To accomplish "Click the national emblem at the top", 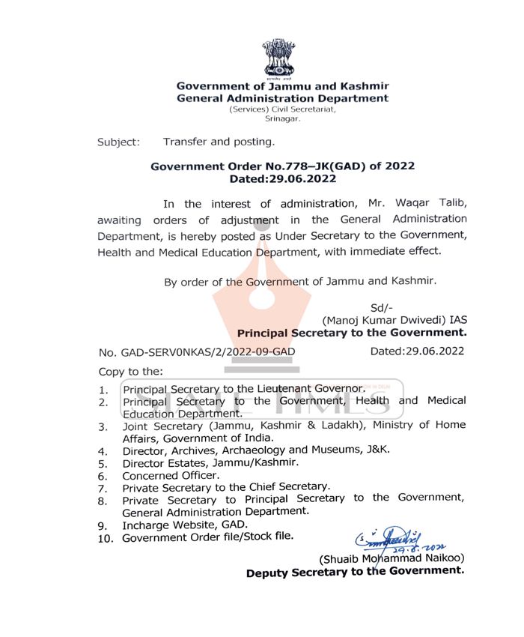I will tap(278, 58).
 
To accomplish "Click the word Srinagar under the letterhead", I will tap(283, 118).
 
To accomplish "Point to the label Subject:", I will tap(118, 142).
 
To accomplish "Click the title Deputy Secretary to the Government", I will tap(355, 572).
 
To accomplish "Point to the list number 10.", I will tap(106, 539).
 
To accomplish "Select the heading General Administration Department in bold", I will tap(282, 98).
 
